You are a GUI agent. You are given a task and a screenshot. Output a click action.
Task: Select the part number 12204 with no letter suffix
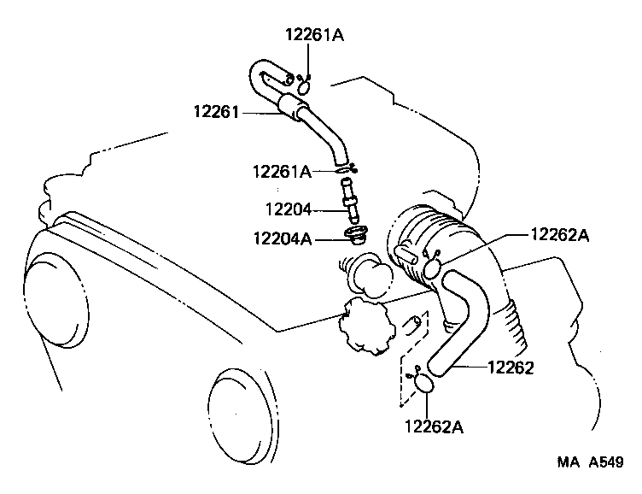(289, 208)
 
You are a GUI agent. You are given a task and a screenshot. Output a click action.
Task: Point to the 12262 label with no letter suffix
(511, 368)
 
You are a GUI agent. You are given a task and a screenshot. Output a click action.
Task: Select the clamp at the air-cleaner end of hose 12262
(434, 267)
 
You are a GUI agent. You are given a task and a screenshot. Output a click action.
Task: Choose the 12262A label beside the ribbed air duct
(559, 234)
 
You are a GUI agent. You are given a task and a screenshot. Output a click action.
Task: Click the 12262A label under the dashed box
(434, 425)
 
